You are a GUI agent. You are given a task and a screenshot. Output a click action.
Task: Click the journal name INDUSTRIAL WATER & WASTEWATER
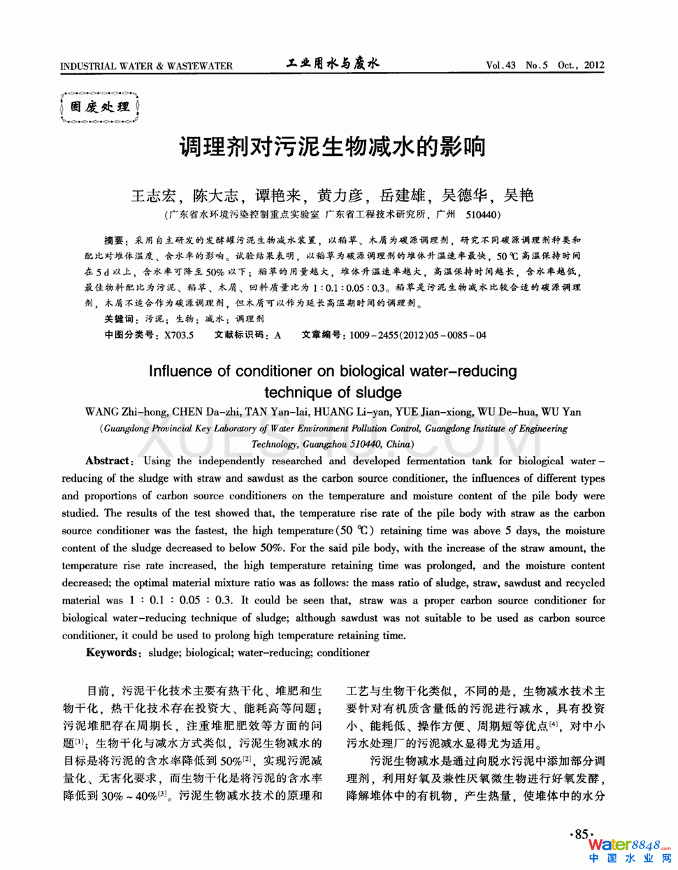click(146, 66)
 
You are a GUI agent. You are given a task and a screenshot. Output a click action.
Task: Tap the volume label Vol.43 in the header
click(500, 66)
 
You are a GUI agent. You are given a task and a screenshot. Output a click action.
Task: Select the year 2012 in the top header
click(594, 65)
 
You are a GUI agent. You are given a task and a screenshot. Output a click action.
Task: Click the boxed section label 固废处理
click(100, 107)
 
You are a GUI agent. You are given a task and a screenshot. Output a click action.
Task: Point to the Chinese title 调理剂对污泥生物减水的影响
click(333, 147)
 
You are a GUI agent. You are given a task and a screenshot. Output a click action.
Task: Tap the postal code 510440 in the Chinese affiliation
click(482, 215)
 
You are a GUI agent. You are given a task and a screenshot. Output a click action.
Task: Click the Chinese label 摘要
click(114, 240)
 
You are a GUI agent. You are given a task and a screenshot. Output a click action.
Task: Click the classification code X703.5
click(179, 335)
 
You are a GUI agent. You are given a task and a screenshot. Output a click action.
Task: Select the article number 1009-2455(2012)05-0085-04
click(417, 335)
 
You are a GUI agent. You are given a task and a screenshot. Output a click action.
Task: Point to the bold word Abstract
click(108, 461)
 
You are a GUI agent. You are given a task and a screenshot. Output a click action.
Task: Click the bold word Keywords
click(112, 652)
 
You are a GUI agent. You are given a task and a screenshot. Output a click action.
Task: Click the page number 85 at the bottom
click(582, 834)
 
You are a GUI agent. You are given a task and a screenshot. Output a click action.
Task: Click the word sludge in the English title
click(379, 392)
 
